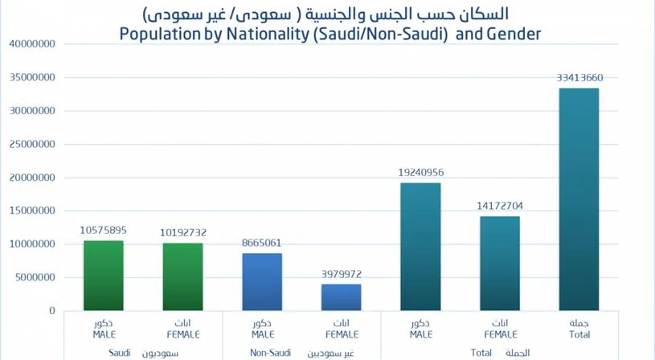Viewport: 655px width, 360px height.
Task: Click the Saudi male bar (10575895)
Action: (x=104, y=275)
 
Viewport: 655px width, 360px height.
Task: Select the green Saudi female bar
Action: (x=183, y=276)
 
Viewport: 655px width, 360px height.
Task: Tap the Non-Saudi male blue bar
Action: (x=262, y=281)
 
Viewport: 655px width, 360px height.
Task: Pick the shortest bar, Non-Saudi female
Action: (x=342, y=297)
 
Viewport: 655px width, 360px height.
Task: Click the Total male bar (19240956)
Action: (x=420, y=246)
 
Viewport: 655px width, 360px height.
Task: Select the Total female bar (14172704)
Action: (x=500, y=263)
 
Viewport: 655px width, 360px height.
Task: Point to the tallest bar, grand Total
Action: (x=579, y=199)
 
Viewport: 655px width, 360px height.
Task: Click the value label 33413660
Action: (x=579, y=78)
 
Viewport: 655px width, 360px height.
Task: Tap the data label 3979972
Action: (x=342, y=274)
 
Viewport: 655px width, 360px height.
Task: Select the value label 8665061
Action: (x=262, y=243)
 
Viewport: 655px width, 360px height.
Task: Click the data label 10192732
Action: (x=183, y=233)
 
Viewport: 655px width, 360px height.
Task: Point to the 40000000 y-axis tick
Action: (x=31, y=44)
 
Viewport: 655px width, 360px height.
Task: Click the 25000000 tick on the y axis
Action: (x=31, y=145)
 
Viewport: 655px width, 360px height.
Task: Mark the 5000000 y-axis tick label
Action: (x=35, y=278)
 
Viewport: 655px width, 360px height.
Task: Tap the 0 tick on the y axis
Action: (x=51, y=311)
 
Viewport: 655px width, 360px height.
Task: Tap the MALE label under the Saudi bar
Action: (x=104, y=334)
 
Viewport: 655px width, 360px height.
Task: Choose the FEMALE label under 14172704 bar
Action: (x=500, y=334)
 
